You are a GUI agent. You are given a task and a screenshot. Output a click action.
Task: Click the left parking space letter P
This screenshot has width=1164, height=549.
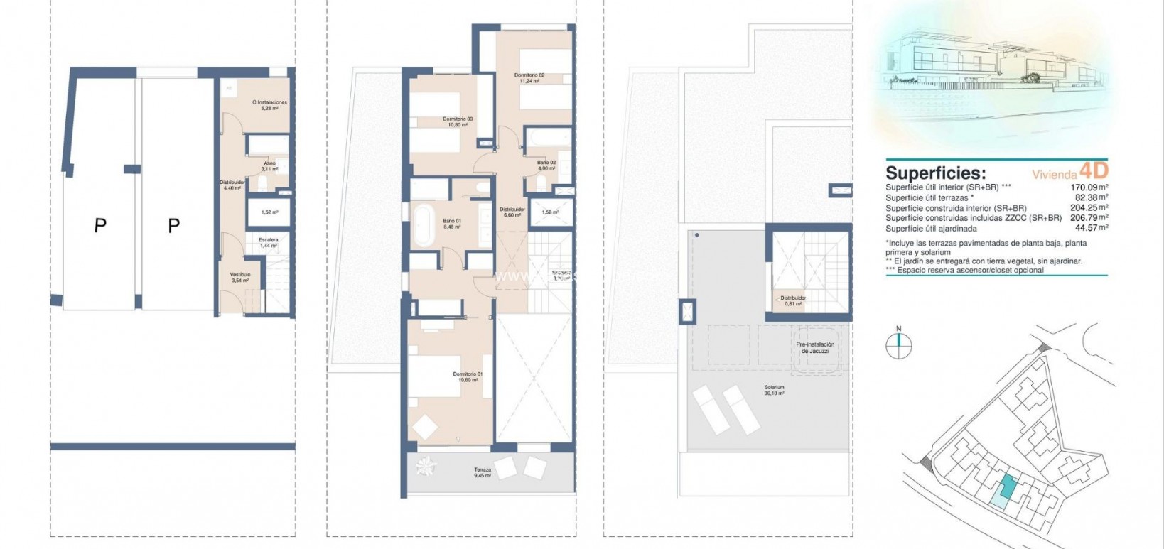coord(100,226)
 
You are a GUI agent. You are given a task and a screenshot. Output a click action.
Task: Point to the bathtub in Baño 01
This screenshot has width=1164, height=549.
coord(424,224)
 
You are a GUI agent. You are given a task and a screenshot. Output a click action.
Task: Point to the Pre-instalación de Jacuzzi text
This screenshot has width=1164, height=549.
coord(814,347)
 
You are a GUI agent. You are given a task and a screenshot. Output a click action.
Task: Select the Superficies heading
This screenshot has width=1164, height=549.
coord(935,173)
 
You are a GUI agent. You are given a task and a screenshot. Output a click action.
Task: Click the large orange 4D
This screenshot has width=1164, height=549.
coord(1093,170)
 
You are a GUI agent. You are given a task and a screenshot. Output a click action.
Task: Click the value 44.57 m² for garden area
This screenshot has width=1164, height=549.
coord(1092,228)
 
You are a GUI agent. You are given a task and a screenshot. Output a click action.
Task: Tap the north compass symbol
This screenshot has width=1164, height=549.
coord(898,344)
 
